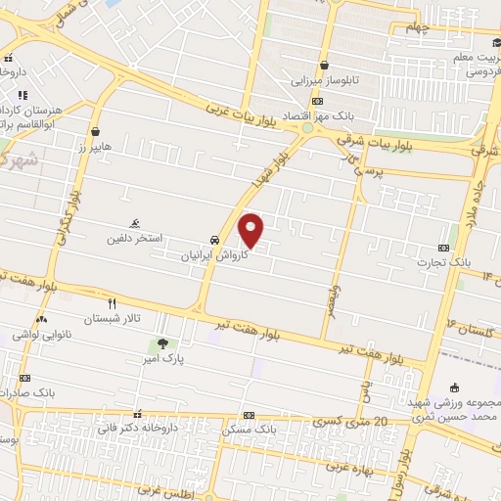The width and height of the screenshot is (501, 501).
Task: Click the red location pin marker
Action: point(251,230)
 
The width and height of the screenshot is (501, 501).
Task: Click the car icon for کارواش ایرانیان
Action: point(214,240)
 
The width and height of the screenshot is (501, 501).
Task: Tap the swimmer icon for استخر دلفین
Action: point(134,222)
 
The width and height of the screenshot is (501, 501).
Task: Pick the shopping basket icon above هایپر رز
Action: point(95,131)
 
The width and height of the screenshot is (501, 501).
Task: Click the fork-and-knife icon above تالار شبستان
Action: point(112,303)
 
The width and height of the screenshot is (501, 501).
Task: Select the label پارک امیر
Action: point(162,359)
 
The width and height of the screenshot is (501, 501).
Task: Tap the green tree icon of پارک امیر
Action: point(162,343)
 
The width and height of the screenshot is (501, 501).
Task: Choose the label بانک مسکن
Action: point(249,430)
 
